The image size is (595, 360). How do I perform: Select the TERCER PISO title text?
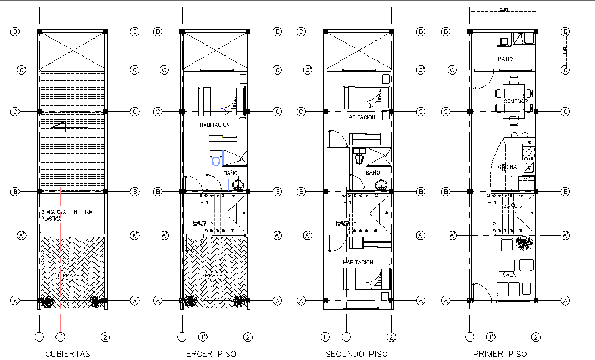(209, 354)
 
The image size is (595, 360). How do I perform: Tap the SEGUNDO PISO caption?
(356, 354)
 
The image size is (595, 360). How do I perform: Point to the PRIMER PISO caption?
(499, 354)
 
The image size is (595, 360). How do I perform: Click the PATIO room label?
(505, 59)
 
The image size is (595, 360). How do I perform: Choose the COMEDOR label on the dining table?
(515, 102)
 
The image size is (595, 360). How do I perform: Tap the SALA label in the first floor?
(509, 275)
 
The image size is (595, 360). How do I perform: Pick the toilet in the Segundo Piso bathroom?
(359, 157)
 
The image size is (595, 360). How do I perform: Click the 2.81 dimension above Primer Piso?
(503, 9)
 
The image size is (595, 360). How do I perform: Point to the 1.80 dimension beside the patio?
(564, 50)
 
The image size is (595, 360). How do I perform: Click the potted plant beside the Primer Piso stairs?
(523, 243)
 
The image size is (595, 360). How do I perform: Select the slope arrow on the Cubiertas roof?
(70, 127)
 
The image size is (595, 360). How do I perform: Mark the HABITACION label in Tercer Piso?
(215, 125)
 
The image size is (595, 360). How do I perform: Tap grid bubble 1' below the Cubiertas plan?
(60, 337)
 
